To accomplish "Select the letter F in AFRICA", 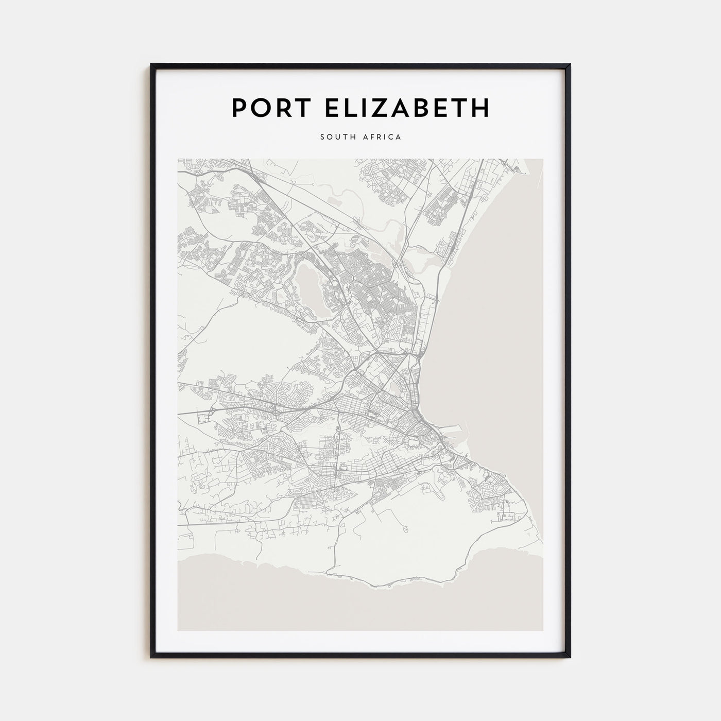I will [x=373, y=137].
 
